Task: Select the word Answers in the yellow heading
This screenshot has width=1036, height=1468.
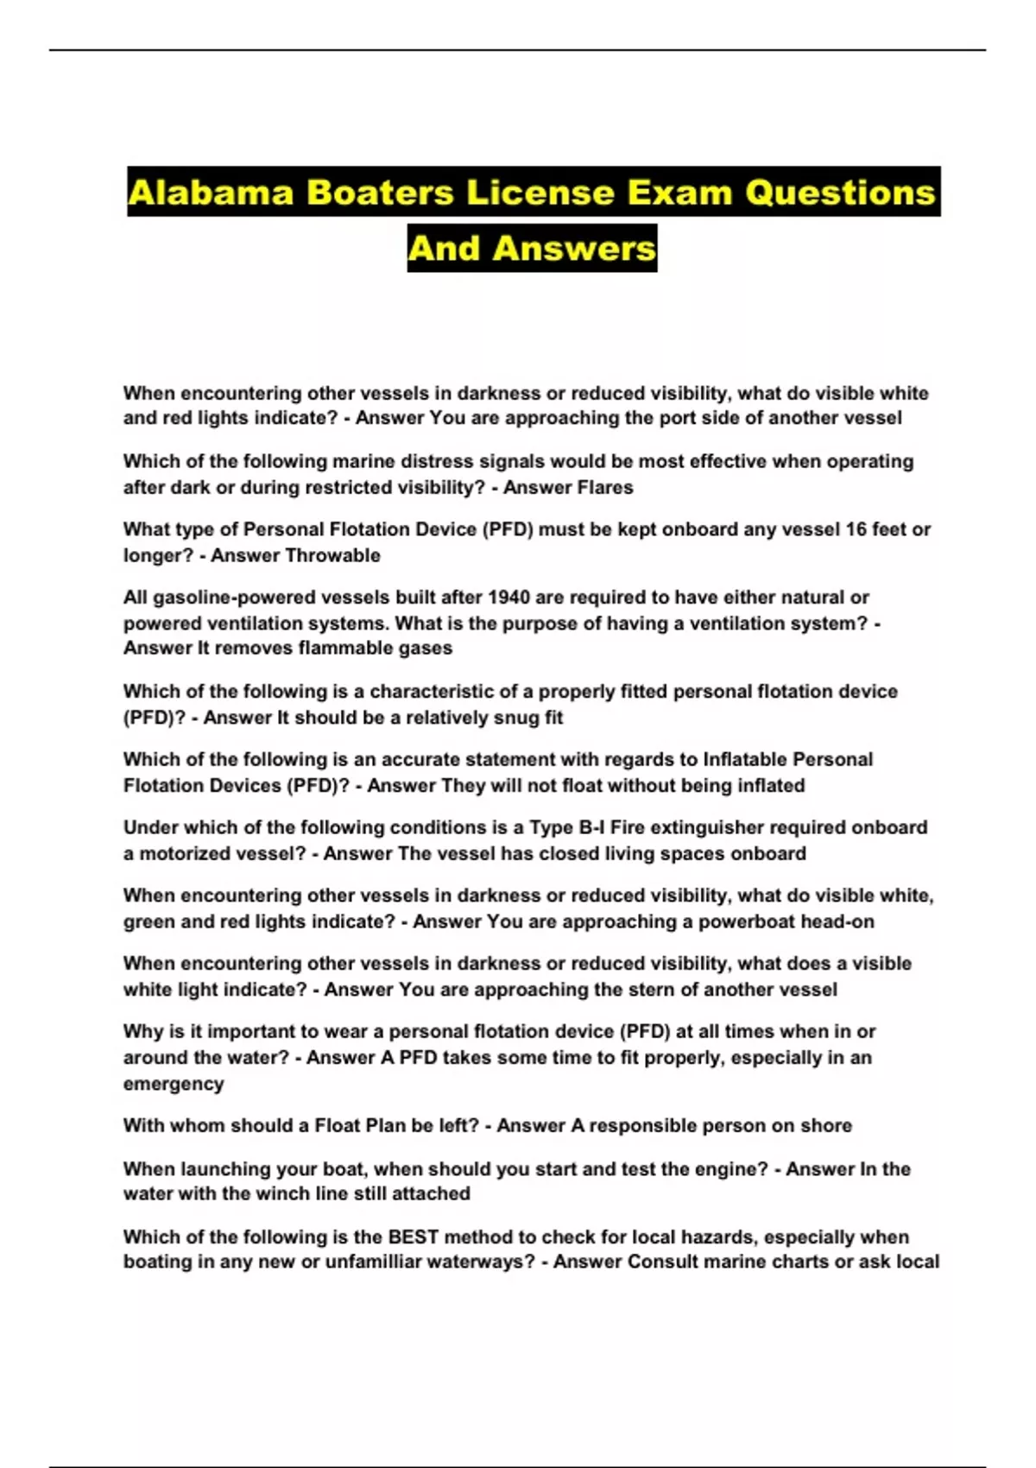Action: tap(574, 249)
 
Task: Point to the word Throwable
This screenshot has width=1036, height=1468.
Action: tap(338, 555)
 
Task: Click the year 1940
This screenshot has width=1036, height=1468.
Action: tap(509, 598)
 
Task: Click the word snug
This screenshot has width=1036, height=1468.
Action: tap(492, 717)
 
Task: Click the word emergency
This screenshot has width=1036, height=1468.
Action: tap(174, 1084)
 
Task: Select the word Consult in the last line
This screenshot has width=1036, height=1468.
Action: tap(662, 1262)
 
